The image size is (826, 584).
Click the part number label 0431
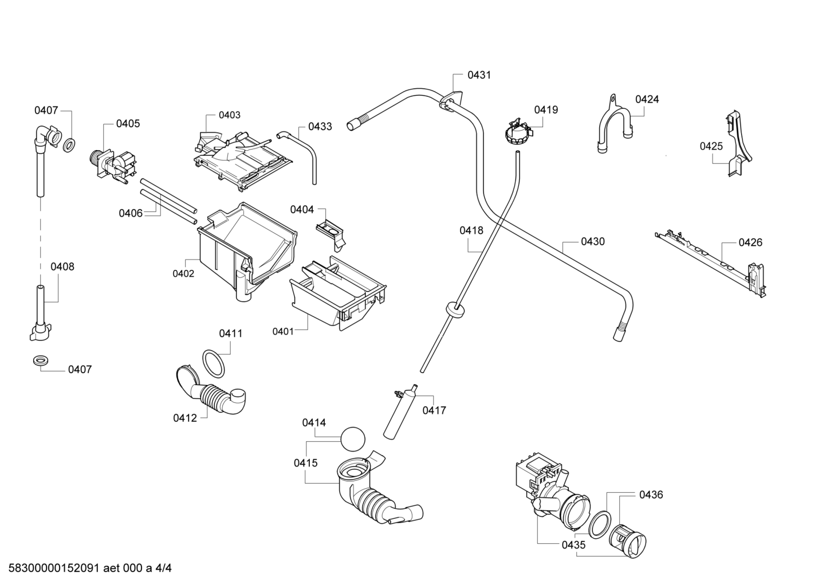click(x=479, y=75)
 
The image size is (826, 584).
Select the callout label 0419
click(x=546, y=110)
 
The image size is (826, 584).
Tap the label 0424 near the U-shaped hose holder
click(x=647, y=99)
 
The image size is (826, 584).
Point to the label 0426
click(x=750, y=242)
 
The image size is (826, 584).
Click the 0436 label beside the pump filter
click(x=651, y=495)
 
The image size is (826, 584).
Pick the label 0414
click(x=314, y=423)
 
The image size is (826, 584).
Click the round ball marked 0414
click(x=352, y=439)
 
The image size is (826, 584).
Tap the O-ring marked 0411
click(x=213, y=364)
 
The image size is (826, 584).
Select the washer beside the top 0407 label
click(x=69, y=145)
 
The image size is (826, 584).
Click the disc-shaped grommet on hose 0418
click(x=455, y=308)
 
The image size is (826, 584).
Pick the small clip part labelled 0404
click(x=331, y=236)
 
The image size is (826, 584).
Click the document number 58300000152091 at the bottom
click(x=54, y=568)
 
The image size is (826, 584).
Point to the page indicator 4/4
click(x=163, y=568)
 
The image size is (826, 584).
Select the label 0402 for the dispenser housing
click(x=183, y=274)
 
